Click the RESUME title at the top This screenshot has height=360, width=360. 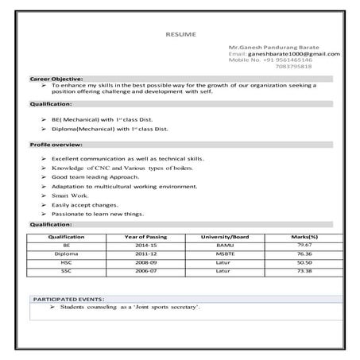tap(180, 36)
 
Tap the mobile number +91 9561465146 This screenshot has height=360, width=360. tap(270, 60)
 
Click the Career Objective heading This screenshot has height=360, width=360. tap(56, 80)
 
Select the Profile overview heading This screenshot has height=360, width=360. tap(56, 145)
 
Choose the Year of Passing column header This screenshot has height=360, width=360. tap(145, 238)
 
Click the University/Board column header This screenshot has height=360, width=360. tap(225, 238)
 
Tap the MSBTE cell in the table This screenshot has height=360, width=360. tap(225, 254)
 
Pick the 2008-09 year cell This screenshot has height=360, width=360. tap(145, 263)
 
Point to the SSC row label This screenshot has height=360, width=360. tap(66, 272)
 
